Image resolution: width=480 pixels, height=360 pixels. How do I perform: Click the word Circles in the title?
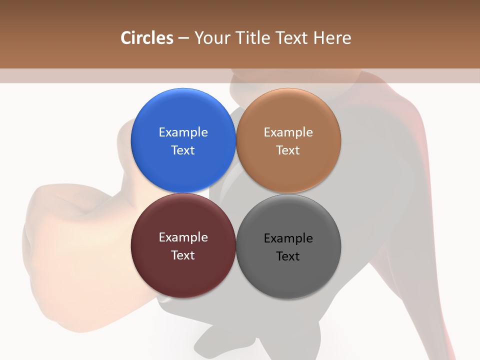click(147, 38)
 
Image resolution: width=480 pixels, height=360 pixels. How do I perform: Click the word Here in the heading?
click(332, 38)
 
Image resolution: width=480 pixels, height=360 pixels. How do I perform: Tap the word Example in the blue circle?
click(183, 132)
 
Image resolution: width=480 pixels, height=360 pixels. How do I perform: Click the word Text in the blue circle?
click(183, 150)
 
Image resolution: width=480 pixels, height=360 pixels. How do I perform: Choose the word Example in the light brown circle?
click(288, 132)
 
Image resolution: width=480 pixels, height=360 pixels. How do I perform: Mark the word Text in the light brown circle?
click(288, 150)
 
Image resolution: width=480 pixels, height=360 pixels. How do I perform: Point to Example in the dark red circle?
click(183, 237)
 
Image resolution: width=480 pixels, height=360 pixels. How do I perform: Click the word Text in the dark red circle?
click(183, 255)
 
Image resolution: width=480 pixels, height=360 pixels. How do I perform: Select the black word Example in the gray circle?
click(288, 238)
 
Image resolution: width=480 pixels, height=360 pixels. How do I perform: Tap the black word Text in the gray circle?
click(288, 256)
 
